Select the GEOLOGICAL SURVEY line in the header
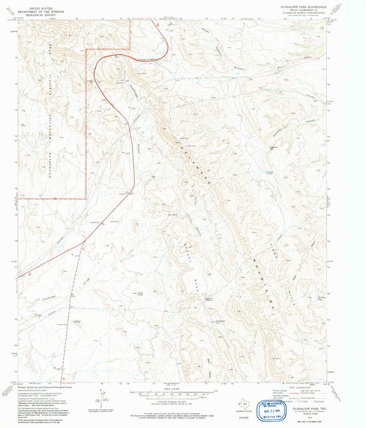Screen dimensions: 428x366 (x=38, y=14)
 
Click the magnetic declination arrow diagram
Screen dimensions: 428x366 (x=101, y=399)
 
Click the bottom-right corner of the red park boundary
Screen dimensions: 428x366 (x=85, y=198)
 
